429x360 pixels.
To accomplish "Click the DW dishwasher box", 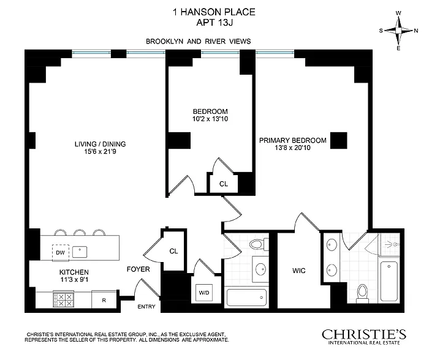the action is (x=60, y=252).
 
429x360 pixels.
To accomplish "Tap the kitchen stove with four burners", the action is (x=64, y=300).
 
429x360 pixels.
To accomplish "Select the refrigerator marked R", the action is (x=104, y=299).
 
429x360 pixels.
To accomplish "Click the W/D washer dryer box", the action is (x=204, y=293).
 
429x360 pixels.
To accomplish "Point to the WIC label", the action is (x=299, y=271).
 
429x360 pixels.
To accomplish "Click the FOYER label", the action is (x=138, y=269).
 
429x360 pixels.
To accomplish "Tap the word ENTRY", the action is (x=146, y=307).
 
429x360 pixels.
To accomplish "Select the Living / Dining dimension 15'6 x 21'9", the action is (x=100, y=151).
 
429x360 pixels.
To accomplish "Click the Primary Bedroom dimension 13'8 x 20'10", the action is (x=293, y=148).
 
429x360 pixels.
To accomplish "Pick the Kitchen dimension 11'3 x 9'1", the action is (x=74, y=279).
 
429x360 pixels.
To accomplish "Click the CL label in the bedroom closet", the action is (x=224, y=184).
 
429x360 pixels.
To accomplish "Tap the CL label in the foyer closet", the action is (x=173, y=251).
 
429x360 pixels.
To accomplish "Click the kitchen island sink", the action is (x=80, y=252).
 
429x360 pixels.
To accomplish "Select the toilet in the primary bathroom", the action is (x=363, y=294).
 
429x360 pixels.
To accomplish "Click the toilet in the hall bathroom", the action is (x=259, y=244).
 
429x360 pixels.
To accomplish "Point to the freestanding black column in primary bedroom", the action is (x=339, y=140).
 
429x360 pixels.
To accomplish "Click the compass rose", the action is (x=398, y=31).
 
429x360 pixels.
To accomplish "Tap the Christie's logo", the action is (x=364, y=337).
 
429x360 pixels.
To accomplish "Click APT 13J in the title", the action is (x=214, y=23).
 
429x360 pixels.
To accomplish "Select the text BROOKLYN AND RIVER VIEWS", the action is (x=199, y=41).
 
